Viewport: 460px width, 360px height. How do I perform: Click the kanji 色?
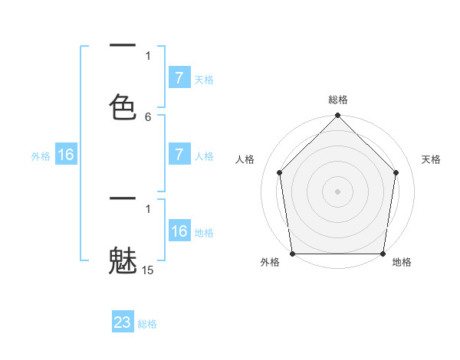pyautogui.click(x=123, y=107)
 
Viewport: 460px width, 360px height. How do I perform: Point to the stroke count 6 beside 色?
pyautogui.click(x=148, y=116)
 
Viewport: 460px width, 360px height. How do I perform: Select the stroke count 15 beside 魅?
pyautogui.click(x=148, y=270)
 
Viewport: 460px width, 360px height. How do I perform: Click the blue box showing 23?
pyautogui.click(x=123, y=322)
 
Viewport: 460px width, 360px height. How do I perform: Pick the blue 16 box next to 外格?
pyautogui.click(x=66, y=155)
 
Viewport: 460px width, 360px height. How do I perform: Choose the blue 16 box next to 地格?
pyautogui.click(x=179, y=231)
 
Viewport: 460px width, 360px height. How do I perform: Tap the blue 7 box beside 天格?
pyautogui.click(x=179, y=78)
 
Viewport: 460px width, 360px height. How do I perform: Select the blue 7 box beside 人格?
pyautogui.click(x=179, y=155)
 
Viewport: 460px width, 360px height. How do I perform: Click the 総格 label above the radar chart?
pyautogui.click(x=338, y=100)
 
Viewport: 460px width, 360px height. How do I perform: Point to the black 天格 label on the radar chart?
pyautogui.click(x=432, y=159)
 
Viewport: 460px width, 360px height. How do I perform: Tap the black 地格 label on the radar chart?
pyautogui.click(x=402, y=263)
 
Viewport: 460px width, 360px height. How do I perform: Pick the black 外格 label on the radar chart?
pyautogui.click(x=270, y=263)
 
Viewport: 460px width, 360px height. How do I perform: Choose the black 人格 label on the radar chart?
pyautogui.click(x=245, y=159)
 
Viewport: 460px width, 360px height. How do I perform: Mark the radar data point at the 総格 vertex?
pyautogui.click(x=338, y=116)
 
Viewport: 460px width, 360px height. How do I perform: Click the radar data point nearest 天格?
pyautogui.click(x=396, y=172)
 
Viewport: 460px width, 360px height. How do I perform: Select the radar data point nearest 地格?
pyautogui.click(x=383, y=254)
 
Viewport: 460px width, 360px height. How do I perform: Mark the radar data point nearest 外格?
pyautogui.click(x=292, y=254)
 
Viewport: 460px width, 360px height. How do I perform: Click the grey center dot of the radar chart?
pyautogui.click(x=338, y=191)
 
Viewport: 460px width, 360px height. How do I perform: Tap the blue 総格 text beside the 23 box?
pyautogui.click(x=147, y=324)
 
